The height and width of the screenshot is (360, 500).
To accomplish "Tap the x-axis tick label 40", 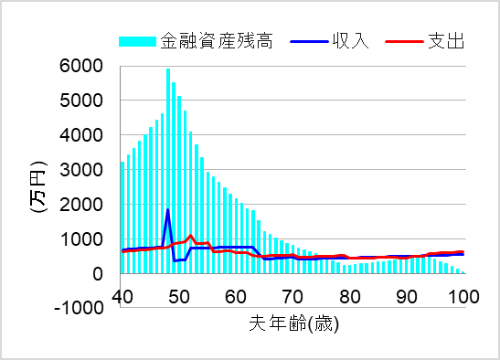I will (x=122, y=296).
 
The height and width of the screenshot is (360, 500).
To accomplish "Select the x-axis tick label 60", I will (x=235, y=296).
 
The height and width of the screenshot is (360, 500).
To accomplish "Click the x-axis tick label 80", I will (x=349, y=296).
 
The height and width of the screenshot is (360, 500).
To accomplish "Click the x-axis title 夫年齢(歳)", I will (x=293, y=323).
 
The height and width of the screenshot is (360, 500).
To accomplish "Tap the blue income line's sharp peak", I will (x=167, y=211).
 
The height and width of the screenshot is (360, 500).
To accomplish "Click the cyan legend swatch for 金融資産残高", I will (x=137, y=41).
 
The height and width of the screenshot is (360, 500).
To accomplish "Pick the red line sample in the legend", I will (x=403, y=41).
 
